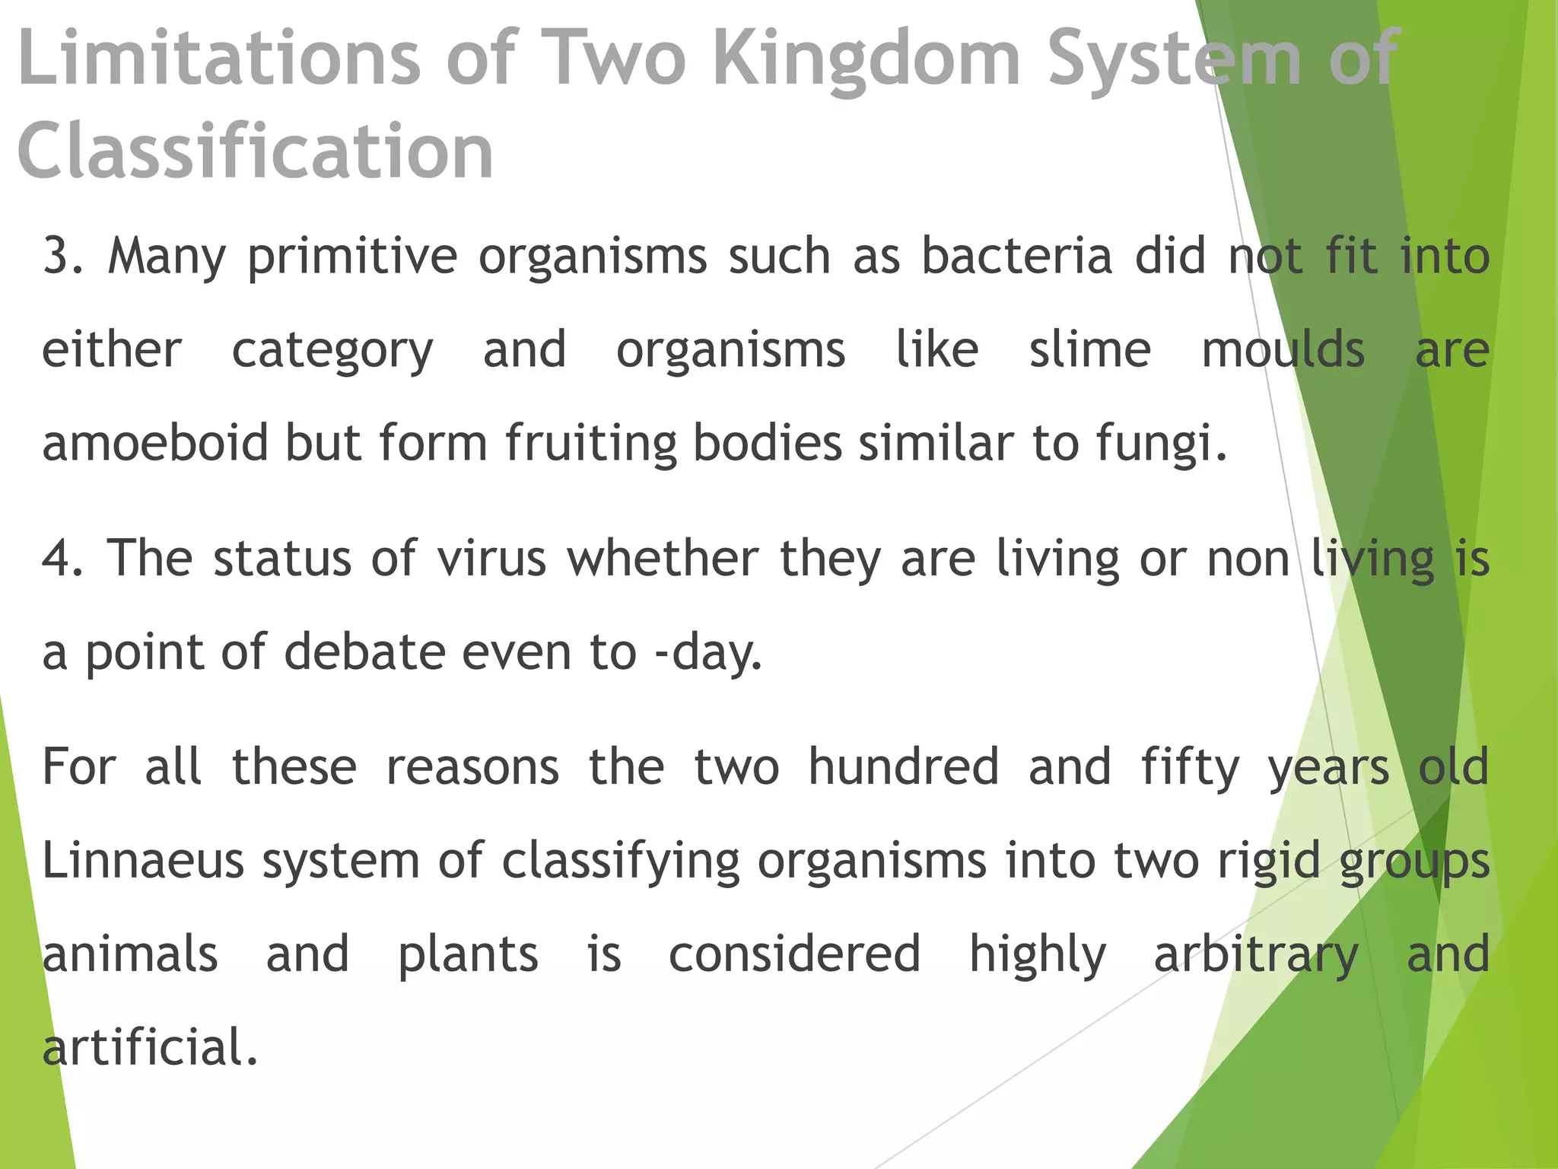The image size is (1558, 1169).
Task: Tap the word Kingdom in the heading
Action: (866, 59)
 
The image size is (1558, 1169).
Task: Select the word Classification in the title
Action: (256, 151)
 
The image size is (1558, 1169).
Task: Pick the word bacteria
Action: (1017, 256)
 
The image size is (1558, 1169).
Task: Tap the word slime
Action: (1090, 350)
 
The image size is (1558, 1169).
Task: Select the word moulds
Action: (1283, 350)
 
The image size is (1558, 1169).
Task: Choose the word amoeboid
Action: (155, 443)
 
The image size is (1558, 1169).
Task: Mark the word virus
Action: (491, 558)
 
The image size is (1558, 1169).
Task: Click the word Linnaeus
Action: (143, 861)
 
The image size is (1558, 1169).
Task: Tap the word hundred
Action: (903, 766)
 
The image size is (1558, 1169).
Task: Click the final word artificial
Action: (151, 1047)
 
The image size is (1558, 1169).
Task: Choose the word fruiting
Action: (591, 444)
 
